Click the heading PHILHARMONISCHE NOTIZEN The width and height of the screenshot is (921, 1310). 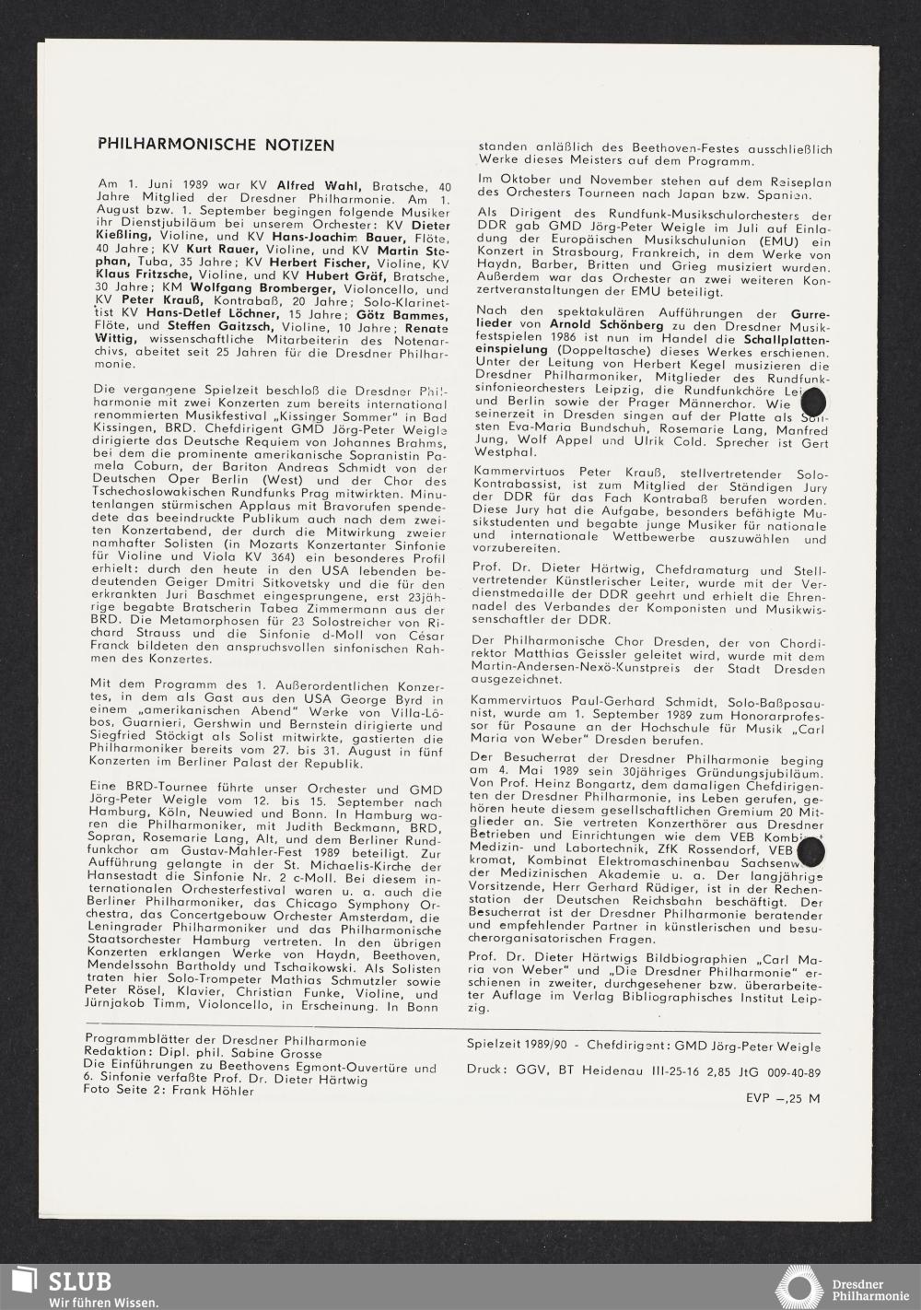click(x=216, y=145)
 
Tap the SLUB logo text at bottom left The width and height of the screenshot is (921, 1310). click(x=80, y=1281)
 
